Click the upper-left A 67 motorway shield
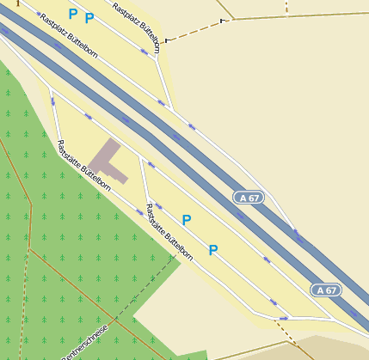pyautogui.click(x=249, y=198)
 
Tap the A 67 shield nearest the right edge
pyautogui.click(x=326, y=290)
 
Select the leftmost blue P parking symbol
pyautogui.click(x=73, y=14)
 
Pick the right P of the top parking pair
pyautogui.click(x=89, y=18)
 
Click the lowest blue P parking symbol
pyautogui.click(x=213, y=250)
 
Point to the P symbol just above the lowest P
pyautogui.click(x=186, y=220)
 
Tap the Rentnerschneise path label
pyautogui.click(x=84, y=344)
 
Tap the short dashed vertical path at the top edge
pyautogui.click(x=286, y=8)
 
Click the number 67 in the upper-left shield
pyautogui.click(x=254, y=198)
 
